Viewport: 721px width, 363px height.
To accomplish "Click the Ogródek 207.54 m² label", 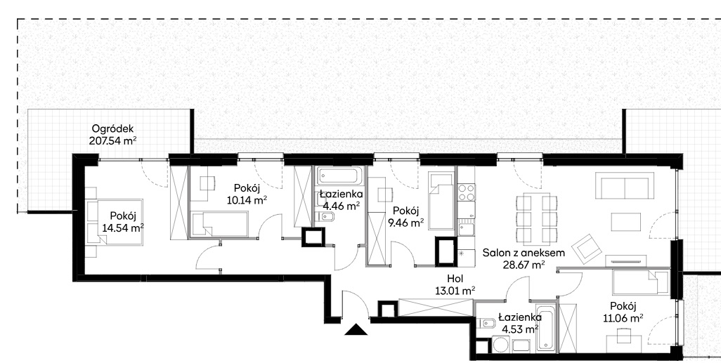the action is (x=113, y=135).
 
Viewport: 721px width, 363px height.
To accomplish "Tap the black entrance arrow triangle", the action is (x=356, y=329).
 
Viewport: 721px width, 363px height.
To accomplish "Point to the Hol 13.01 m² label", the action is (x=455, y=284).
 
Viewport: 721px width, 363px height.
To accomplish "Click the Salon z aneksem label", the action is (x=524, y=253).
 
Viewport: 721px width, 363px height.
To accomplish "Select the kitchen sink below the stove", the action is (x=465, y=228).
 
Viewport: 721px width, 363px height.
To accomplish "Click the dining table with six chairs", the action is (x=537, y=219).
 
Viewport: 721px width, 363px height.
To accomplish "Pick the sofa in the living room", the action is (x=625, y=185).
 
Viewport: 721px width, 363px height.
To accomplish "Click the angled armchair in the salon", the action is (x=587, y=249).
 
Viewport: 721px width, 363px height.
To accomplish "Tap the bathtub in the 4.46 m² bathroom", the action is (x=340, y=177).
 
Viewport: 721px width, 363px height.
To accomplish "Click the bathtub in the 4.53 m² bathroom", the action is (x=546, y=326).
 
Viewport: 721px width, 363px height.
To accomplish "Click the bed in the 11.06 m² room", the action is (x=639, y=282).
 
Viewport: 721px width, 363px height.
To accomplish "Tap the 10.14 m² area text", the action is (x=247, y=200).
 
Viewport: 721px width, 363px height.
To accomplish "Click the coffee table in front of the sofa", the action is (x=626, y=222).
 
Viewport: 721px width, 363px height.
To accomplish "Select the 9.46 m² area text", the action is (x=408, y=223).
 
